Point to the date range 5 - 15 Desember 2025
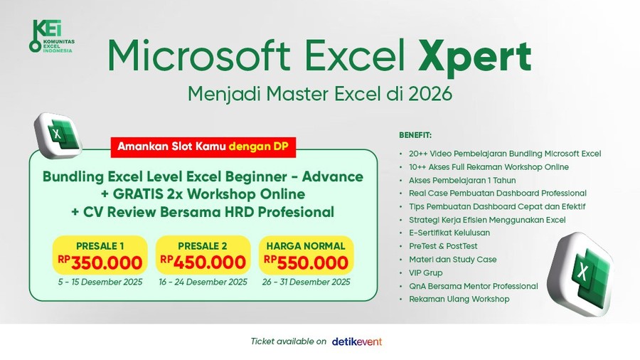coord(100,282)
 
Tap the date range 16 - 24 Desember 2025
coord(202,282)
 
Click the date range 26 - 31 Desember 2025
coord(305,282)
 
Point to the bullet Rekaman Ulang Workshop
coord(459,299)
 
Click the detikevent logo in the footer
coord(357,342)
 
